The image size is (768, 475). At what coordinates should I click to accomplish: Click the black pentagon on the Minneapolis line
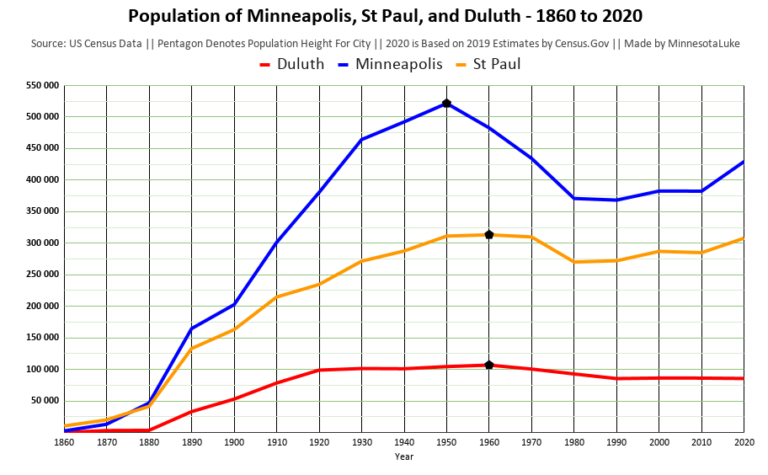coord(446,104)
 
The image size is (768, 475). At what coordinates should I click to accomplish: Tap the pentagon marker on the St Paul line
coord(489,235)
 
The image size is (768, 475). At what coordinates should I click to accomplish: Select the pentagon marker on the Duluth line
coord(489,365)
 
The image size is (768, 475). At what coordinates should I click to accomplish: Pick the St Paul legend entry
coord(496,64)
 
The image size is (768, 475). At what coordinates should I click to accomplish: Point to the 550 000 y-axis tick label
coord(42,85)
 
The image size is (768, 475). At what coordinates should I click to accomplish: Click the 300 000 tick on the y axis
coord(42,243)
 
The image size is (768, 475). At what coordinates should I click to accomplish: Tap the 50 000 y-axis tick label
coord(45,401)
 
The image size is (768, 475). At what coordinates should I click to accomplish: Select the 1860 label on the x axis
coord(64,440)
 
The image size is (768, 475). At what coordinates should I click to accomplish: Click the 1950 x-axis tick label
coord(446,440)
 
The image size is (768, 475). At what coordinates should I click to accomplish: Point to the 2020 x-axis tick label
coord(744,440)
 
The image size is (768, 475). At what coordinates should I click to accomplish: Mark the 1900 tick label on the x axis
coord(234,440)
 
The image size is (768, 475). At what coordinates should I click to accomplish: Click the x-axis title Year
coord(404,456)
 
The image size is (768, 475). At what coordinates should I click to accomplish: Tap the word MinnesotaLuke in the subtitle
coord(701,43)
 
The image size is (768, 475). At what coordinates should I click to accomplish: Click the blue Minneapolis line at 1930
coord(361,140)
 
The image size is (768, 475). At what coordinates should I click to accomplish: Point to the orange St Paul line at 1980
coord(573,262)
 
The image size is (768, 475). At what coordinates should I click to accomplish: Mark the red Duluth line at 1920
coord(319,370)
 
